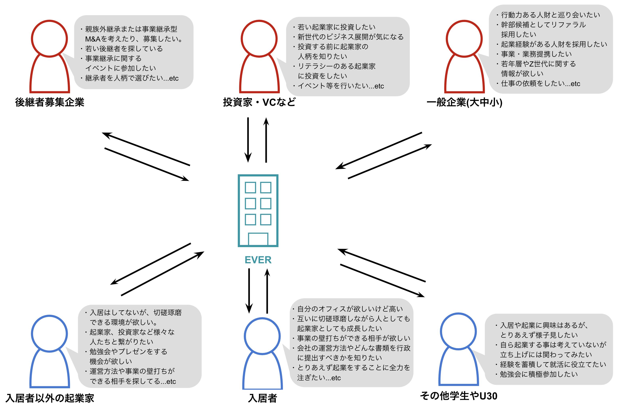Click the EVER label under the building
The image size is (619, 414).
pyautogui.click(x=258, y=260)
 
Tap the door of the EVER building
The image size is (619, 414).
pyautogui.click(x=258, y=239)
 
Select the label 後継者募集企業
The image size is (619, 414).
pyautogui.click(x=50, y=102)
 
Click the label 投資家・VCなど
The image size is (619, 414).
pyautogui.click(x=259, y=102)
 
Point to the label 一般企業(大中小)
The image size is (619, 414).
pyautogui.click(x=464, y=102)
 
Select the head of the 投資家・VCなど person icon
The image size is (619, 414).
pyautogui.click(x=259, y=39)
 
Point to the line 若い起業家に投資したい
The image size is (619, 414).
pyautogui.click(x=336, y=27)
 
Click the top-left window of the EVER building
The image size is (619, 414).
pyautogui.click(x=250, y=187)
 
